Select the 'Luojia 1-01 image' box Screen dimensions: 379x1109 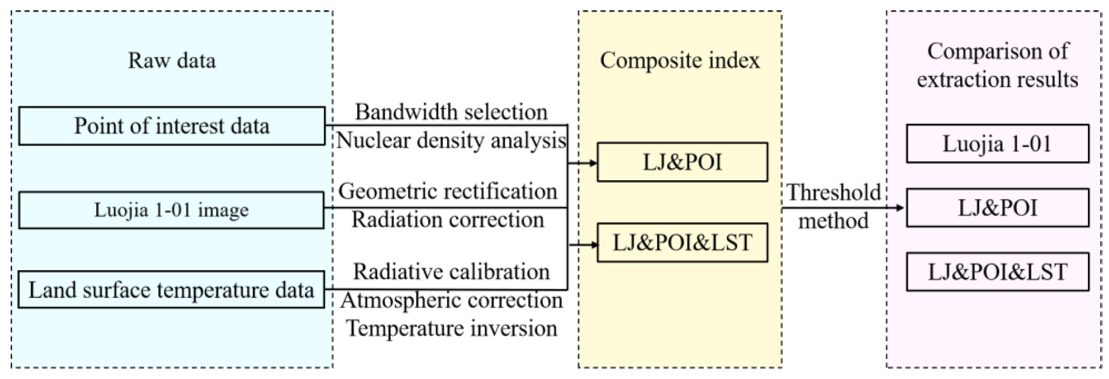[x=171, y=210]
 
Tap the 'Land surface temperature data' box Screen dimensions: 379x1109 [x=171, y=290]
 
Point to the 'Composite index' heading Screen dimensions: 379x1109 [x=680, y=60]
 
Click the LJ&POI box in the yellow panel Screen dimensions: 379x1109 [x=682, y=162]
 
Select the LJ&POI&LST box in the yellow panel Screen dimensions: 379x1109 [x=682, y=243]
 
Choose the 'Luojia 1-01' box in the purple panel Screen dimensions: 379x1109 [x=997, y=143]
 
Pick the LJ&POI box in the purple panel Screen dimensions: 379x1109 [x=997, y=207]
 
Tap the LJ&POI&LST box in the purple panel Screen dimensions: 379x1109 [x=997, y=272]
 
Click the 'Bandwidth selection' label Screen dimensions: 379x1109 [x=451, y=112]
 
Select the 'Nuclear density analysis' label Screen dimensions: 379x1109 [x=451, y=141]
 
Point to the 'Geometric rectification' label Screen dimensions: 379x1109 [x=448, y=191]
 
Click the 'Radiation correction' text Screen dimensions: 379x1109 [x=448, y=220]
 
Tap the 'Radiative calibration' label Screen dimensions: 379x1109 [x=451, y=272]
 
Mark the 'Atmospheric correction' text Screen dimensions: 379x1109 [x=451, y=300]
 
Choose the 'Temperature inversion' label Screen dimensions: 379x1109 [x=451, y=328]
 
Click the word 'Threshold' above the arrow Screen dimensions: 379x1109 [x=834, y=192]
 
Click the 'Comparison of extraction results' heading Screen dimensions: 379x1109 [x=997, y=65]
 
